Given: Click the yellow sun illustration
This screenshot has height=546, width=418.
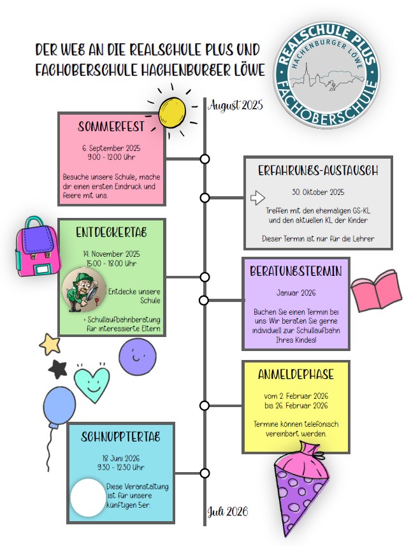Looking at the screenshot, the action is [172, 113].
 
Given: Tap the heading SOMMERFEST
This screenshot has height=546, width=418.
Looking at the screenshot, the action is [111, 126].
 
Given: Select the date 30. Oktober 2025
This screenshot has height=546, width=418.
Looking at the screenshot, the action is [318, 192].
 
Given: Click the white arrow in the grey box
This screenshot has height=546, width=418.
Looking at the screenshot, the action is [257, 198].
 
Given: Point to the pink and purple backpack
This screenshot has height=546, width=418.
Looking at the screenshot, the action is [38, 247].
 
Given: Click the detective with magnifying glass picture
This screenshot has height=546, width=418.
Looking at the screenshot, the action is [83, 289].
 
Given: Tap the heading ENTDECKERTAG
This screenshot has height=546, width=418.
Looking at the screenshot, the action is [112, 233].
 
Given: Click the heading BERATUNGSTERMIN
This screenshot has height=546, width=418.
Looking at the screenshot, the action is [296, 271].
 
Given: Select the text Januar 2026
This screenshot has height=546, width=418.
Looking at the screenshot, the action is [296, 292].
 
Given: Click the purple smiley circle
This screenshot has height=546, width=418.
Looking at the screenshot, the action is [137, 357].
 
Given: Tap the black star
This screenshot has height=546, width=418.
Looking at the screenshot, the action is [58, 369].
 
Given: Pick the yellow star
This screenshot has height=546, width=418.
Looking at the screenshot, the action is [50, 345].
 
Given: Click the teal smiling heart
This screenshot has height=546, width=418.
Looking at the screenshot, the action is [92, 382].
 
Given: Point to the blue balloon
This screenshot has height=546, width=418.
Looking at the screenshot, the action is [59, 407].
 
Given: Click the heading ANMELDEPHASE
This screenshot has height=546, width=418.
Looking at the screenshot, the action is [296, 375].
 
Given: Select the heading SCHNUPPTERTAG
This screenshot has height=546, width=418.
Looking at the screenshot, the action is [120, 436].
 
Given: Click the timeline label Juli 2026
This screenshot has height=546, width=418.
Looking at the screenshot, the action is [228, 512].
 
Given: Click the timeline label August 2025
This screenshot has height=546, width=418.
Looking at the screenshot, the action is [236, 105].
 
